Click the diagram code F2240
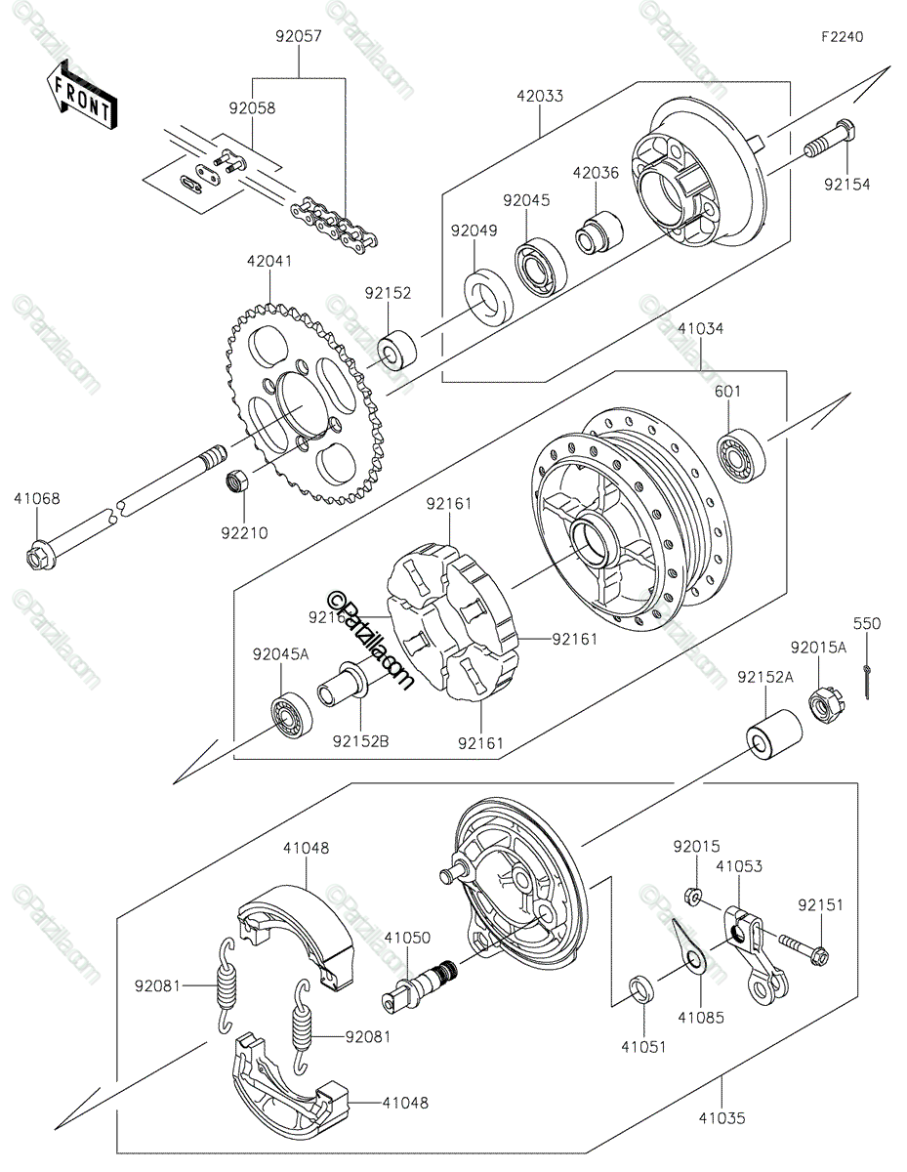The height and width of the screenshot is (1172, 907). point(841,37)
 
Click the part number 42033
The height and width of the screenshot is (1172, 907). point(540,97)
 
